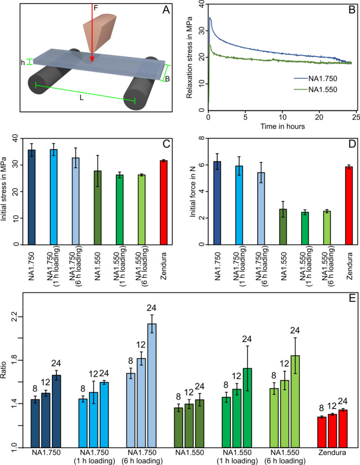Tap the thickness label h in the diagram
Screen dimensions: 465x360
pos(22,62)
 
